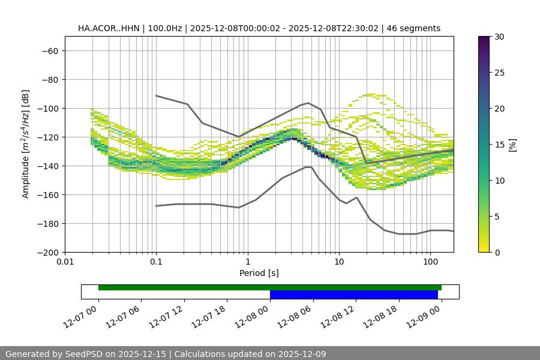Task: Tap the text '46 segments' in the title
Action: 413,28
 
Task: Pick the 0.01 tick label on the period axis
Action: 65,262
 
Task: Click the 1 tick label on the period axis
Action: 247,262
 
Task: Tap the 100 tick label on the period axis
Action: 430,262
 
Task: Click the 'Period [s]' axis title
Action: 259,273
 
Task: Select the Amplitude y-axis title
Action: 26,144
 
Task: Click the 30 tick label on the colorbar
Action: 499,37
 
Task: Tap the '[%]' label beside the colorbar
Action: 512,144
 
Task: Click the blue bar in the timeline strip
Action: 354,295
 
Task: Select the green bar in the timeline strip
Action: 270,287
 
